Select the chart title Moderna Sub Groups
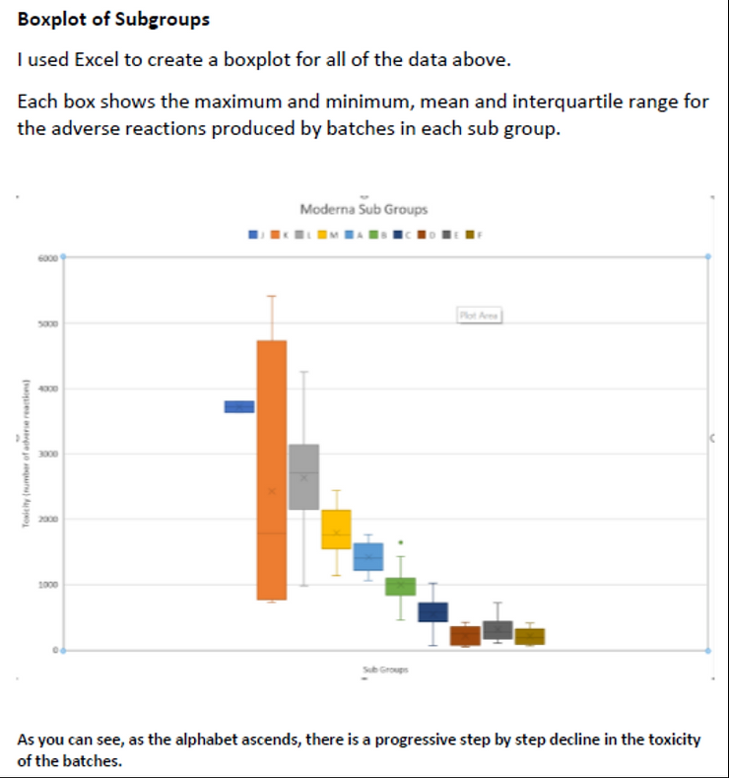click(x=364, y=209)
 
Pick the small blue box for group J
click(x=239, y=406)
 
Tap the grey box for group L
click(x=303, y=476)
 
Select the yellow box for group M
click(x=336, y=529)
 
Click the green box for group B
click(x=400, y=586)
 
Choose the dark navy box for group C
click(x=432, y=612)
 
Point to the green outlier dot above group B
click(x=400, y=542)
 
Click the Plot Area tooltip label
click(x=480, y=316)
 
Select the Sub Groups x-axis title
click(x=384, y=670)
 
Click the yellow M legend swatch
click(x=322, y=235)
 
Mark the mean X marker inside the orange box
click(x=271, y=491)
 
